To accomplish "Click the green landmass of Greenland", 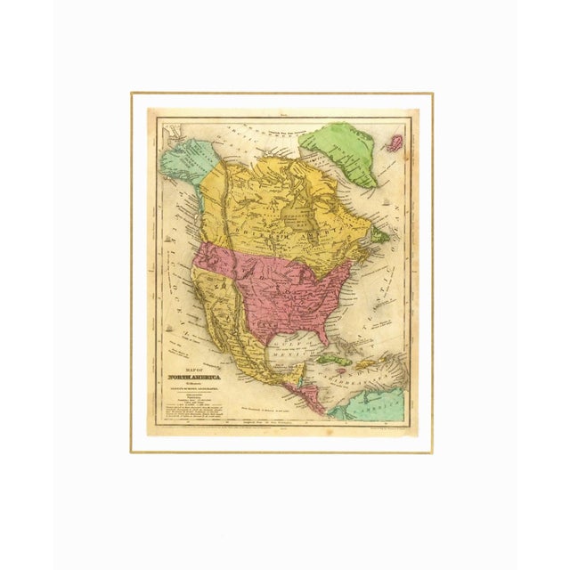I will click(338, 147).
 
